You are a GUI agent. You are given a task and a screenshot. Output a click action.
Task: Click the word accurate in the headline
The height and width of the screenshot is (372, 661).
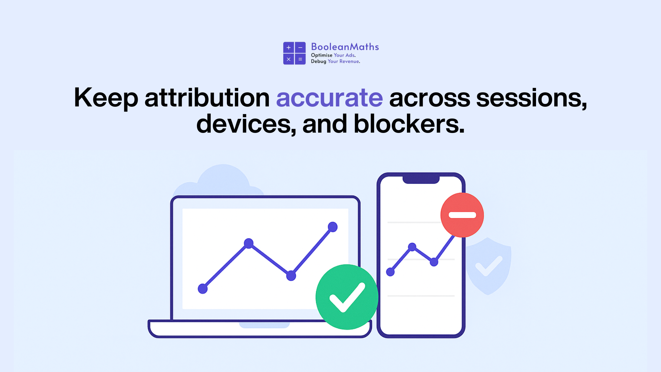329,98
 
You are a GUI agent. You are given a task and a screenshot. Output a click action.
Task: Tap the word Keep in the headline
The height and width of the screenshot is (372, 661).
106,98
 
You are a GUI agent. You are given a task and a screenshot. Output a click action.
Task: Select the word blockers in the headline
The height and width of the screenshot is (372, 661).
409,124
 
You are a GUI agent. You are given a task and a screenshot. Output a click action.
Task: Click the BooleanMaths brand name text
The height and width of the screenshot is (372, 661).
345,47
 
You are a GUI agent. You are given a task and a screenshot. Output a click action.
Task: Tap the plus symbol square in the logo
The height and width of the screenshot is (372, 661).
288,48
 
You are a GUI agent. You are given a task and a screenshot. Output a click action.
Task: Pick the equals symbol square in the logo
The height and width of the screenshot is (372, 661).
300,59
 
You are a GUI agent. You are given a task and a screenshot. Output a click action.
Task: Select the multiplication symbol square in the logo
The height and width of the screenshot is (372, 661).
288,59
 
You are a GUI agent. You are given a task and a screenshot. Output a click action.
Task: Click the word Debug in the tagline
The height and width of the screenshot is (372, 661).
318,61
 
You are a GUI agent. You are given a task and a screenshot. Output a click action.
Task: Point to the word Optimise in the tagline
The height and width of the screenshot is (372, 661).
322,55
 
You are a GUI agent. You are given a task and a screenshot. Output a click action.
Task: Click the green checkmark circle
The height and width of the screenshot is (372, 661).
347,297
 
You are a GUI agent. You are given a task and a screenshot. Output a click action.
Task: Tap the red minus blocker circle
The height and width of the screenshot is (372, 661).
462,215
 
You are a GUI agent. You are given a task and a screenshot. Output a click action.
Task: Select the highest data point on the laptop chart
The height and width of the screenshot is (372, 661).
333,227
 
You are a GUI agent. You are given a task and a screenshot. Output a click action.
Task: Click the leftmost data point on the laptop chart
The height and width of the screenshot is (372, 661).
203,289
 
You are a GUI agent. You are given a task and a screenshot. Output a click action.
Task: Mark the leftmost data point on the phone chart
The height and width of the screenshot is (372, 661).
390,272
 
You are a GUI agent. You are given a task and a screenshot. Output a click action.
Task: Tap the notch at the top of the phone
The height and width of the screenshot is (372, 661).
421,179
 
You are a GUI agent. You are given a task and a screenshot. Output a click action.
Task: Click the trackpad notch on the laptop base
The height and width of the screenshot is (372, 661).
264,325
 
